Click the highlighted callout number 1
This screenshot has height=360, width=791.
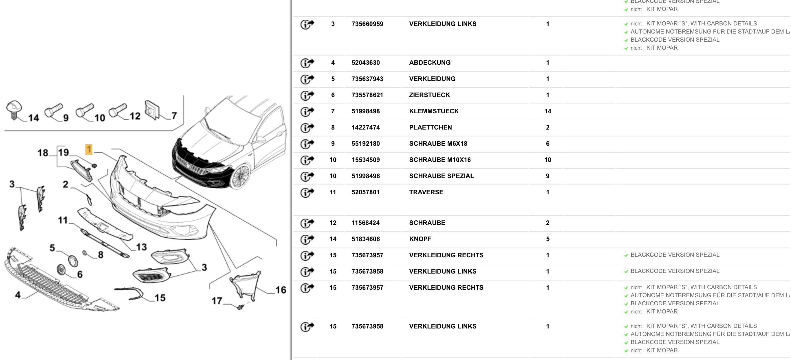[x=89, y=150]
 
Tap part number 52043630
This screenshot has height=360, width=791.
[x=365, y=63]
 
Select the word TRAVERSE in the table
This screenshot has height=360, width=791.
[x=426, y=192]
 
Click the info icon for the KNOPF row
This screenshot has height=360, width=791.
[x=307, y=239]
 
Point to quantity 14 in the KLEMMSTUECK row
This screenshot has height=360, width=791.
[x=548, y=111]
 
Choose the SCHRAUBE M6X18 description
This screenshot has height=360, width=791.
[x=438, y=144]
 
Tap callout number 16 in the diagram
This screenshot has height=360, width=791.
[x=281, y=290]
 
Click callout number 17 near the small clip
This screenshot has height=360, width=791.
[x=217, y=301]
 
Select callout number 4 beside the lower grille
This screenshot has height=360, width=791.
[x=18, y=295]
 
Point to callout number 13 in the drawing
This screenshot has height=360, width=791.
[x=141, y=247]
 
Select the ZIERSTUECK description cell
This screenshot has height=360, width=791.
[x=429, y=95]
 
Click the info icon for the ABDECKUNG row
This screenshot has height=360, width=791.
[x=307, y=63]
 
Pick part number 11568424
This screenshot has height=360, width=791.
[x=365, y=223]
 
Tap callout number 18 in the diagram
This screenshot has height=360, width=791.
[x=43, y=153]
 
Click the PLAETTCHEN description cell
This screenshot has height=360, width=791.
[x=430, y=128]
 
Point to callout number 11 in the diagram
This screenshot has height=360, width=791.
[x=63, y=220]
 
